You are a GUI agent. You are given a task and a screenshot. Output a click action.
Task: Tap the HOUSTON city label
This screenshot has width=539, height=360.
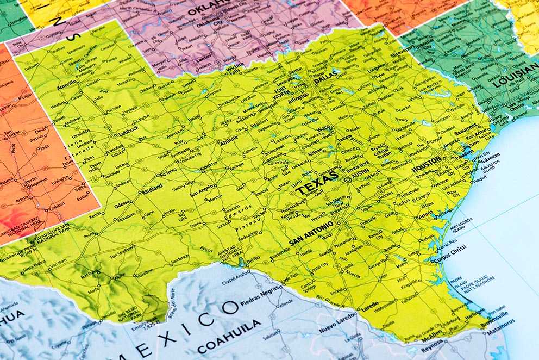(x=427, y=164)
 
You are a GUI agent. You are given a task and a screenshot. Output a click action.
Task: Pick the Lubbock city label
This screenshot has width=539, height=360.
(x=128, y=130)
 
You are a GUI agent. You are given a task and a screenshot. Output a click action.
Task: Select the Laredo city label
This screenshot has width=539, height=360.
(x=369, y=305)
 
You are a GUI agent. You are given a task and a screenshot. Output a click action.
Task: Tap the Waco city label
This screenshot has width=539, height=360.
(x=324, y=128)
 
